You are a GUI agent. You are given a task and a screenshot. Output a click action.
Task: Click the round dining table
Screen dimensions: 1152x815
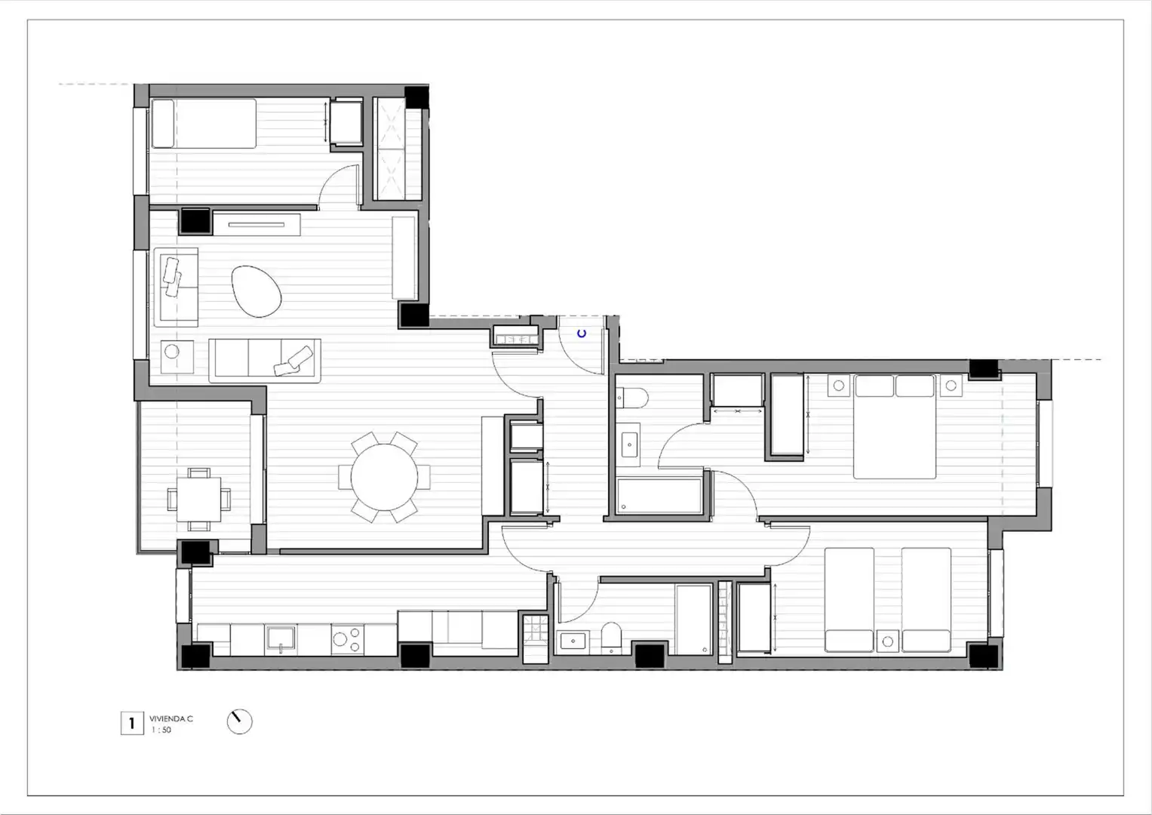(x=384, y=477)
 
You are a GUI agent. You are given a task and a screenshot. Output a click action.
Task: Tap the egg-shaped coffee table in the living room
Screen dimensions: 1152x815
(x=256, y=291)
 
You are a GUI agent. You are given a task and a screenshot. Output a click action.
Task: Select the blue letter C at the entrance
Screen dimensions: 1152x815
(x=582, y=334)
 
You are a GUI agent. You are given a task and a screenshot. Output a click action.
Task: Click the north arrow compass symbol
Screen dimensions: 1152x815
(x=240, y=721)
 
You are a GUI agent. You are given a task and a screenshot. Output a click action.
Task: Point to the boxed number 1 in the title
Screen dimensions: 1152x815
(x=132, y=723)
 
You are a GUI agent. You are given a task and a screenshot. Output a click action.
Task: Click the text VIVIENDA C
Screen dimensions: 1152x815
(x=171, y=718)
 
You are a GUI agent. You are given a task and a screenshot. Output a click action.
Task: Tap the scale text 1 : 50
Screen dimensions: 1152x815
(x=161, y=730)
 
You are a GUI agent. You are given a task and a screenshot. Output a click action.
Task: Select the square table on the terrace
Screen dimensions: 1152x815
(x=199, y=500)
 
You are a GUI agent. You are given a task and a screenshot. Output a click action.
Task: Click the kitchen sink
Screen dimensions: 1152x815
(x=281, y=639)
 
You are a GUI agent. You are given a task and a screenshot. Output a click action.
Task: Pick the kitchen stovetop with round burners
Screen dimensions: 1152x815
(x=347, y=640)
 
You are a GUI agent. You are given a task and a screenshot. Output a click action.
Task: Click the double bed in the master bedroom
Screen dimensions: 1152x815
(x=894, y=426)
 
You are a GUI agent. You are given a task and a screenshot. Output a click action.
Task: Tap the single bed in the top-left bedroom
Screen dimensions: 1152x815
(x=204, y=124)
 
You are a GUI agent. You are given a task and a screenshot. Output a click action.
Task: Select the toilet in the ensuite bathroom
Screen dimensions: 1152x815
(x=632, y=397)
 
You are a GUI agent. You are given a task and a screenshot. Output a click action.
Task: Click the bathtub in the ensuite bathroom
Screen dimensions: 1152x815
(x=659, y=496)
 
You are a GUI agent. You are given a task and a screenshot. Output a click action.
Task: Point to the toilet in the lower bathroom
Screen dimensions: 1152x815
(x=611, y=638)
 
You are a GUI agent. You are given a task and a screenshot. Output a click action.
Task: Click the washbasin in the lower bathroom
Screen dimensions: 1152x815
(x=573, y=641)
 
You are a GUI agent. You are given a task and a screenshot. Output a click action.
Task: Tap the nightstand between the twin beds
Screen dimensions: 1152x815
(x=888, y=641)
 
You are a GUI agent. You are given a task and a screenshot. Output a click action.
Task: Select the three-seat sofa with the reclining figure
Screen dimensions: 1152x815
(x=265, y=360)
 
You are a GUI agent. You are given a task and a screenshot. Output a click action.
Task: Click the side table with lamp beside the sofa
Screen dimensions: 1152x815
(x=177, y=356)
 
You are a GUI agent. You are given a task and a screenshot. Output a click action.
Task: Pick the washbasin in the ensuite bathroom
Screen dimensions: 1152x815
(x=629, y=444)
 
